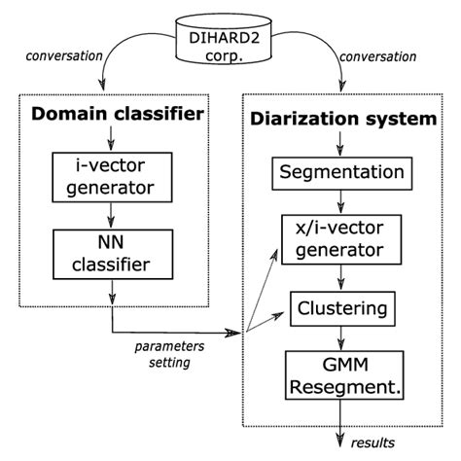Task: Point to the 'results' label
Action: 374,443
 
